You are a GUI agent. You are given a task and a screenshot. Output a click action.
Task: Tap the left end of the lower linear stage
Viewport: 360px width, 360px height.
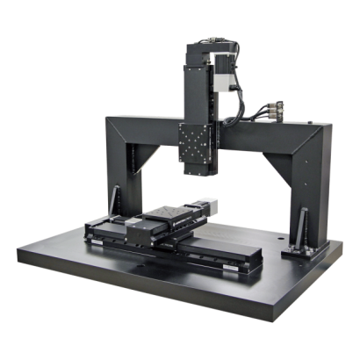pos(91,232)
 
